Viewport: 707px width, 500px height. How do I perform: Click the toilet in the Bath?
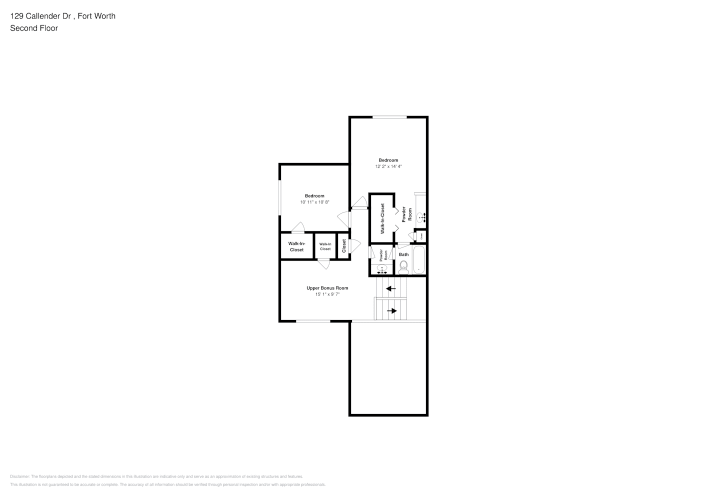[x=403, y=267]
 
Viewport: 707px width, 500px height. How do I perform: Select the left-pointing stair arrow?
[x=390, y=288]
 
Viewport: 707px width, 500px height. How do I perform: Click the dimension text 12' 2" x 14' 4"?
[x=388, y=166]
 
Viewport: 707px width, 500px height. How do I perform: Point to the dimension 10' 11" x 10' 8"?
[x=314, y=202]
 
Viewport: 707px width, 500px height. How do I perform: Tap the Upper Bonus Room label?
[x=327, y=288]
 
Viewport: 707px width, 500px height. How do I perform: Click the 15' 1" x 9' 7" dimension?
[x=327, y=294]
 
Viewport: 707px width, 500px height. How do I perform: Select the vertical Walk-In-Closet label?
[x=382, y=218]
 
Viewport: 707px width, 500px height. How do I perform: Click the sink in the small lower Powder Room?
[x=382, y=269]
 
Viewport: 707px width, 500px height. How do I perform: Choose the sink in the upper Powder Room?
[x=420, y=217]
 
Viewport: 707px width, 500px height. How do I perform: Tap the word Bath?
[x=403, y=254]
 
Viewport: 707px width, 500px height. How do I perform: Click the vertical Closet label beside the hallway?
[x=344, y=246]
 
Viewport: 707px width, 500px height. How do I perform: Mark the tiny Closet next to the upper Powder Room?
[x=420, y=235]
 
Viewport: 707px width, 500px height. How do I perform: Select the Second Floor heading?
[x=34, y=28]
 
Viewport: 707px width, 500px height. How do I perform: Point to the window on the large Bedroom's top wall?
[x=389, y=117]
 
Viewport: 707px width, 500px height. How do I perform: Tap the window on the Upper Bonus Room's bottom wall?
[x=313, y=321]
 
